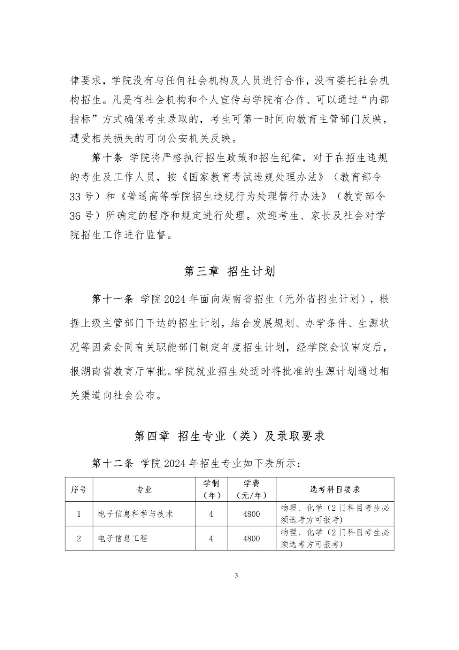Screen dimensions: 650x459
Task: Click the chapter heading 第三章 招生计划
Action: coord(229,271)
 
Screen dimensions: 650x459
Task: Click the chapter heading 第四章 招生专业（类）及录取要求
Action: coord(229,436)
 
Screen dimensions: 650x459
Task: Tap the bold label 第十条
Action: coord(107,158)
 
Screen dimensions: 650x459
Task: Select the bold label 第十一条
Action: coord(113,299)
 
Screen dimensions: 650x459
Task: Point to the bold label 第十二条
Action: coord(113,463)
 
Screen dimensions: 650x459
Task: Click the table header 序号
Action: coord(79,489)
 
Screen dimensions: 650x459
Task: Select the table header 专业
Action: coord(144,489)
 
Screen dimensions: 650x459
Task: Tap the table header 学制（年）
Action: coord(211,489)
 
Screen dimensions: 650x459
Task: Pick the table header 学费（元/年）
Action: coord(251,489)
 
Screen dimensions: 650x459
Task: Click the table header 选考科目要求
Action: coord(335,489)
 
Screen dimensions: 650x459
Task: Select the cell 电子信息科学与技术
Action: coord(136,514)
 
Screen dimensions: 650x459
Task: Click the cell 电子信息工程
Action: coord(123,538)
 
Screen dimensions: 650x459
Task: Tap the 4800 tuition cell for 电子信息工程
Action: coord(251,538)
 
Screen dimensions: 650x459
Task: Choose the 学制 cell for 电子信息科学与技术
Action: coord(211,514)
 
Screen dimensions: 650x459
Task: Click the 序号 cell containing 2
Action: coord(79,538)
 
